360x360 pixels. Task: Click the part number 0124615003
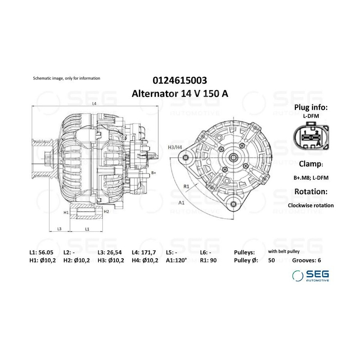coord(180,80)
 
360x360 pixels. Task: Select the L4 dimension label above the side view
coord(94,104)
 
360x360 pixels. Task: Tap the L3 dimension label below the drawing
coord(59,229)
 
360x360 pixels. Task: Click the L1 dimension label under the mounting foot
coord(87,229)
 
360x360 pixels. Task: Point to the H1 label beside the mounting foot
coord(66,213)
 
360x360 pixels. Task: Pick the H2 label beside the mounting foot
coord(106,212)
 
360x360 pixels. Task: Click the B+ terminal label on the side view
coord(154,173)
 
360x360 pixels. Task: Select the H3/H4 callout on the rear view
coord(175,147)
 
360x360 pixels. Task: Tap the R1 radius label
coord(186,186)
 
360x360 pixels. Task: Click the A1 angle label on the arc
coord(181,202)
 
